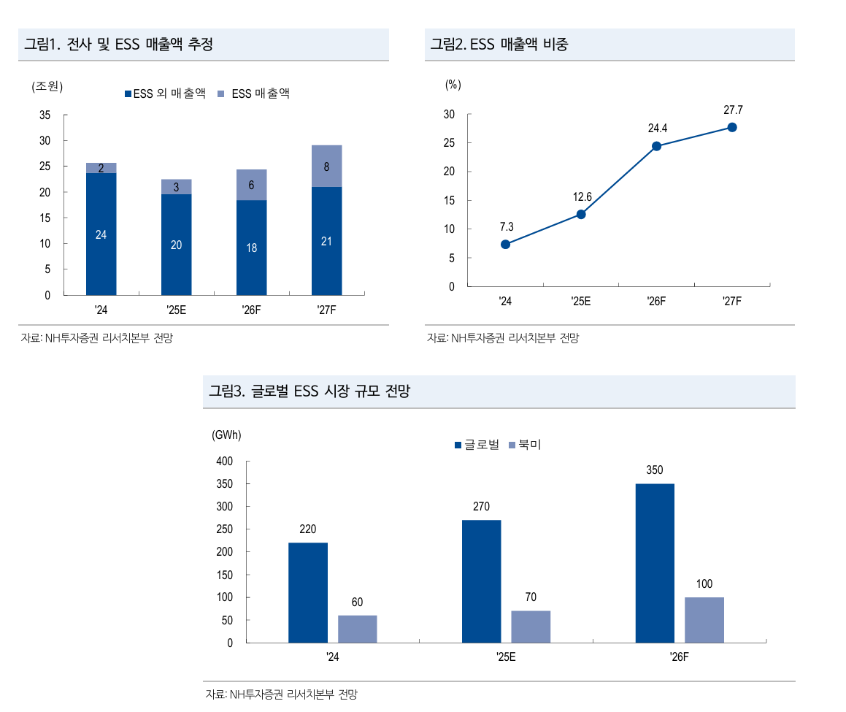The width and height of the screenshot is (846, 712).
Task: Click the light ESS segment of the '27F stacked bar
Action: coord(326,166)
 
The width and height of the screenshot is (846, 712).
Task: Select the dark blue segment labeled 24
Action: coord(101,234)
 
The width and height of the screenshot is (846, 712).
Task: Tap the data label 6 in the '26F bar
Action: coord(251,185)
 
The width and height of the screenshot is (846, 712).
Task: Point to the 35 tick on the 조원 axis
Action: coord(45,115)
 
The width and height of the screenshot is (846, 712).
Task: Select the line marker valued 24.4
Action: coord(656,146)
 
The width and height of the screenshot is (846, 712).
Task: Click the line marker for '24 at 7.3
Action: coord(505,245)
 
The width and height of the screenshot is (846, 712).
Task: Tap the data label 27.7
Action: coord(733,110)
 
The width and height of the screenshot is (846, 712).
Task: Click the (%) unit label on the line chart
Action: coord(453,85)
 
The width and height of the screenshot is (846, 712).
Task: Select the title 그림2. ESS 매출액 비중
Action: coord(499,45)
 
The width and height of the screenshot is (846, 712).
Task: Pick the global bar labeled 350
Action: coord(655,563)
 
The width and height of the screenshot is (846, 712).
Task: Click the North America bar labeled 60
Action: coord(357,629)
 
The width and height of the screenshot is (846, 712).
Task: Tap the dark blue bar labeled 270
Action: coord(481,581)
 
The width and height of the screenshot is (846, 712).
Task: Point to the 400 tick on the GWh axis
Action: coord(224,462)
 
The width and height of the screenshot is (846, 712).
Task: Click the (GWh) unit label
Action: coord(226,435)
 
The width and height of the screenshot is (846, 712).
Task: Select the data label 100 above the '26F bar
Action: coord(704,584)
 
